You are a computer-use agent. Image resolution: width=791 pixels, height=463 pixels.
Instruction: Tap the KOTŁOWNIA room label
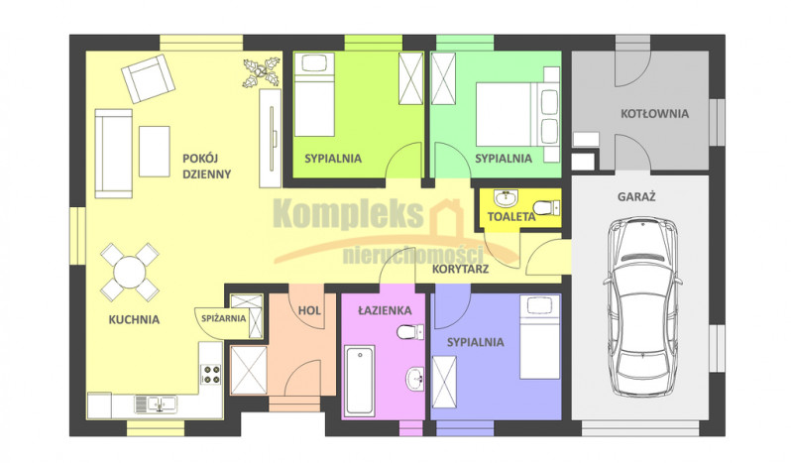[654, 113]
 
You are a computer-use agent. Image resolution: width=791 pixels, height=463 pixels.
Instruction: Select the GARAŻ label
[636, 196]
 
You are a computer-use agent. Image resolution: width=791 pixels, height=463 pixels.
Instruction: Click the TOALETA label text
[511, 217]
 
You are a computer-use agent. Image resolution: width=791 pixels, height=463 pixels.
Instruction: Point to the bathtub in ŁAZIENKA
[359, 381]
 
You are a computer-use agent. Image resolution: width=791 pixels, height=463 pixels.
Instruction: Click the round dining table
[130, 273]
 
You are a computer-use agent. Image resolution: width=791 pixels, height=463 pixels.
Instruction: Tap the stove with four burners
[211, 374]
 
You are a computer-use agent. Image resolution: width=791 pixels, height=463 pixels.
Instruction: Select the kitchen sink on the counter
[156, 404]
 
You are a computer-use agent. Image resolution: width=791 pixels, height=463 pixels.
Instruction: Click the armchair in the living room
[149, 78]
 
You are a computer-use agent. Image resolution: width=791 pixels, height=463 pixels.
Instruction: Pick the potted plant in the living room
[262, 73]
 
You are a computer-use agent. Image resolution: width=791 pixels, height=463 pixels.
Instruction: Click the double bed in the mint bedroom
[517, 114]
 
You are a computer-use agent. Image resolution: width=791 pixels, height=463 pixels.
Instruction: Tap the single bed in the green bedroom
[314, 94]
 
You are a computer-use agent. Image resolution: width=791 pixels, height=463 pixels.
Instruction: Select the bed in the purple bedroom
[540, 337]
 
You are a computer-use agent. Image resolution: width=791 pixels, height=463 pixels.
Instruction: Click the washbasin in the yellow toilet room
[506, 198]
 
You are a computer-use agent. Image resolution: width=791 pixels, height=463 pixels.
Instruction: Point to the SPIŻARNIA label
[223, 318]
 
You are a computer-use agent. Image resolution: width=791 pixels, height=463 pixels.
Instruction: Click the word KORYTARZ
[460, 270]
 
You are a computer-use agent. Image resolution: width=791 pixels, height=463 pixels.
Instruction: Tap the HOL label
[309, 310]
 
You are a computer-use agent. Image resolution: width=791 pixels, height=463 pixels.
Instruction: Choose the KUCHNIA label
[134, 320]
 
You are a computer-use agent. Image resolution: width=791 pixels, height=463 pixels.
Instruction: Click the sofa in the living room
[114, 153]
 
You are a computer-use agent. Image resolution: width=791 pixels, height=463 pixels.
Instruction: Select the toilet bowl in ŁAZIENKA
[410, 332]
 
